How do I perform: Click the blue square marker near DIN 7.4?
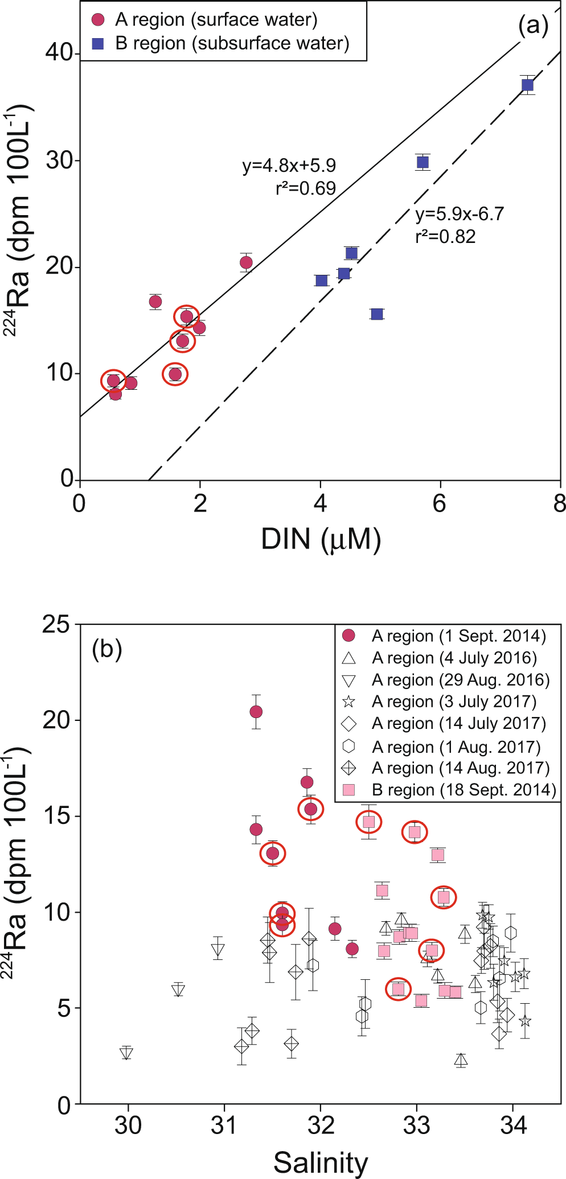[527, 85]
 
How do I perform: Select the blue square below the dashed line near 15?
[377, 314]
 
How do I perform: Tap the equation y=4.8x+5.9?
[289, 166]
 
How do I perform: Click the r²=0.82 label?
[445, 236]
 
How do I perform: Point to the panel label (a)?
[533, 26]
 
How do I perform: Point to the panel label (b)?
[107, 649]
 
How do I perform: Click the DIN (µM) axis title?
[321, 538]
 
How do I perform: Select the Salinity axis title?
[321, 1162]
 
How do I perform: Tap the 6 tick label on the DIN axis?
[440, 504]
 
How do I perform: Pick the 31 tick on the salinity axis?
[224, 1125]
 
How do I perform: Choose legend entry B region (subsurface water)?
[232, 43]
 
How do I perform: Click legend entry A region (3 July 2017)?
[454, 701]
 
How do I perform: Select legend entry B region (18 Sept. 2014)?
[464, 789]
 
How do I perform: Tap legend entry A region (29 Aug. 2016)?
[461, 679]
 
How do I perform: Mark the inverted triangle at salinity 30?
[126, 1053]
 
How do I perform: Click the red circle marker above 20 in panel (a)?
[246, 262]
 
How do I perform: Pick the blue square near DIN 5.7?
[423, 162]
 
